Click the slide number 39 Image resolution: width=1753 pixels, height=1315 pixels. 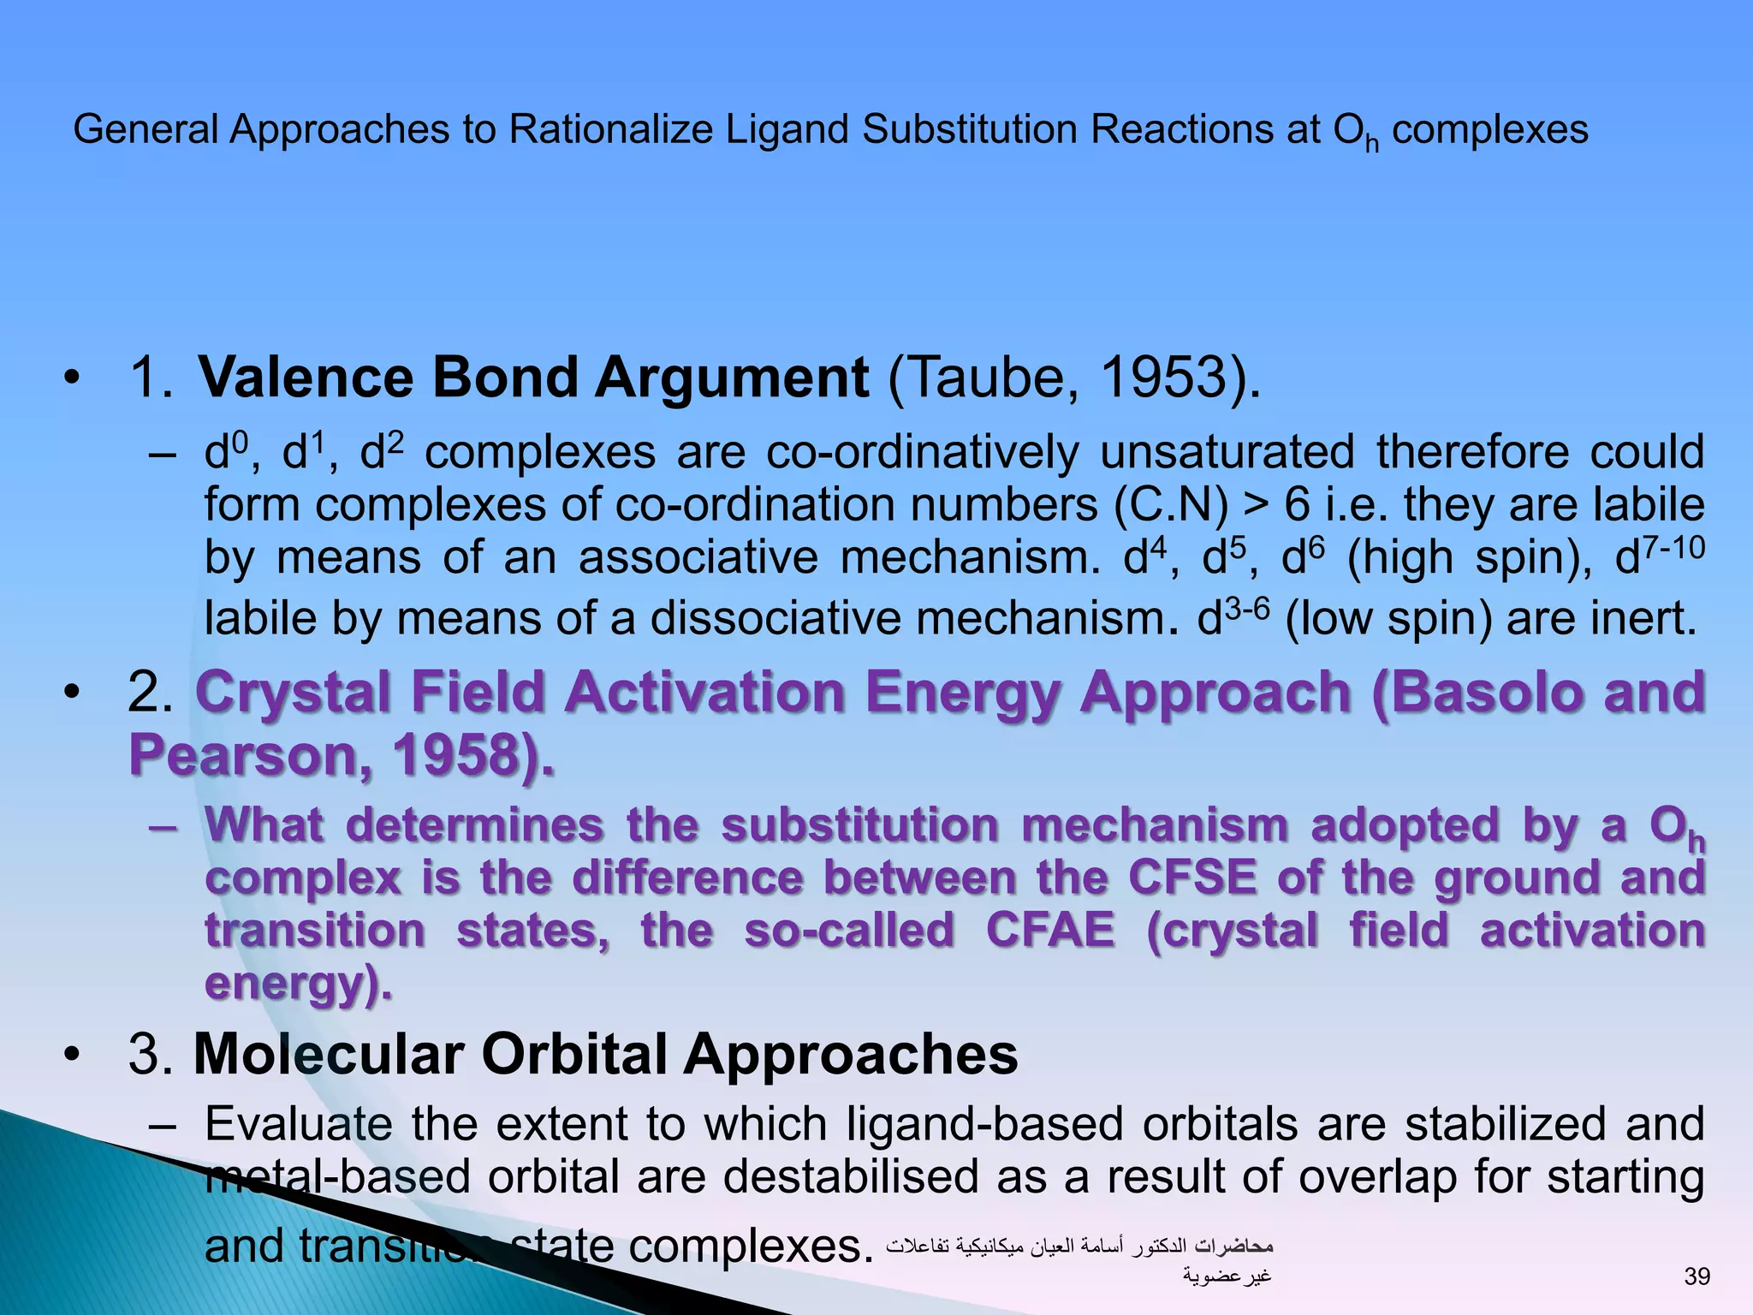tap(1696, 1276)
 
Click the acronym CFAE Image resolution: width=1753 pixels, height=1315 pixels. tap(1050, 931)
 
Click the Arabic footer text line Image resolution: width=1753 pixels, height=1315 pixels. tap(1079, 1246)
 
